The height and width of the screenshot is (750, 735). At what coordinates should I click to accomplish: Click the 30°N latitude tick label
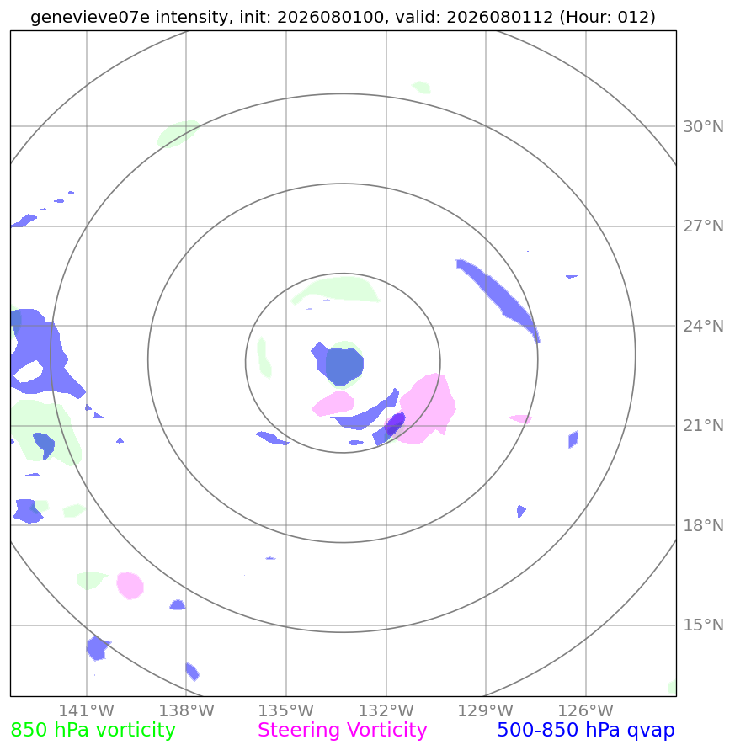703,127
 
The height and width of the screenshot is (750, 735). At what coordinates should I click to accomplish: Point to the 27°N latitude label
703,226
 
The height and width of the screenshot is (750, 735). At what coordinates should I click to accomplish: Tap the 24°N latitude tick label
703,327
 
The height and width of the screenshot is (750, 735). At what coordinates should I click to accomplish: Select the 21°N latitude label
703,426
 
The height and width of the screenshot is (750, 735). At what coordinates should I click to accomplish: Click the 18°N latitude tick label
703,525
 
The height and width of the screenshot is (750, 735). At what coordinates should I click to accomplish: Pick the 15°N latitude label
703,625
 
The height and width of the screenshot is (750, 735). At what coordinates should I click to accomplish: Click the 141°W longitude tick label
87,710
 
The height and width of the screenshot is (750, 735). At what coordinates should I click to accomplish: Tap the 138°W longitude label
187,710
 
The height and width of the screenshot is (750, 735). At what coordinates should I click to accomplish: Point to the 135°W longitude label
286,710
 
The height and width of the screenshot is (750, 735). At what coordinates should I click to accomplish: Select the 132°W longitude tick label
386,710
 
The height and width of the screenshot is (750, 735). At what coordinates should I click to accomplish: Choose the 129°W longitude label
486,710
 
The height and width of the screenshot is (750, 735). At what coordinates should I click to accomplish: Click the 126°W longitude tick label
586,710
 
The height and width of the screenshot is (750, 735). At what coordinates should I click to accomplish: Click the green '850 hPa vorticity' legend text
93,731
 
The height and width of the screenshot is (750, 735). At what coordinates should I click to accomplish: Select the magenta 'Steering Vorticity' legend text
342,731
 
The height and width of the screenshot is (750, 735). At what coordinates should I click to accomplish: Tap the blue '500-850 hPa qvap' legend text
586,731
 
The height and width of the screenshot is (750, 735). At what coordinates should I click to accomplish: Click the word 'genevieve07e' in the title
90,17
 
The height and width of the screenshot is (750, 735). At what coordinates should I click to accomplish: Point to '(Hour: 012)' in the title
607,17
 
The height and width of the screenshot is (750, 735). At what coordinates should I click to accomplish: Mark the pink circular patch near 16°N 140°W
130,586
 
